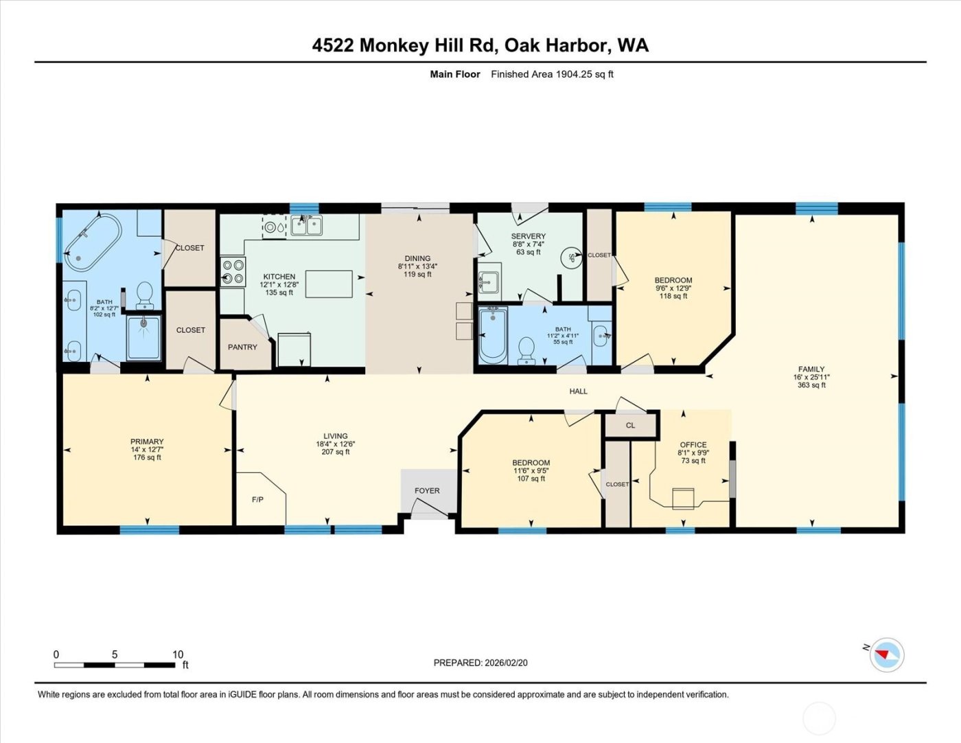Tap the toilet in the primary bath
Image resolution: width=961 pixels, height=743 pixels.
[x=144, y=295]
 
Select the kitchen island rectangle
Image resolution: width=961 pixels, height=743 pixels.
[x=329, y=284]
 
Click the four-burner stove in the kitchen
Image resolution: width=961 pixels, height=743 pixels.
[x=233, y=271]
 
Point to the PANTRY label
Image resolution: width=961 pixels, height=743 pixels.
[x=242, y=347]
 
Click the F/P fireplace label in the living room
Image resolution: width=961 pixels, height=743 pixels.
[x=257, y=500]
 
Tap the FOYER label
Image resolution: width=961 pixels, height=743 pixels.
[x=427, y=491]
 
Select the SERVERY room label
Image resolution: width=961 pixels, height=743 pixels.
[x=528, y=236]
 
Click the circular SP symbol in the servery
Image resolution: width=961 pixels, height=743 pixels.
[x=570, y=258]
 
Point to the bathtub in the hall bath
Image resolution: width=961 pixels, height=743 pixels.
[x=492, y=335]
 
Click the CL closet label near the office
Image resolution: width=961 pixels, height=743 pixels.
[x=630, y=426]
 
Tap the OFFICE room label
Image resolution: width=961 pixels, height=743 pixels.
[x=693, y=445]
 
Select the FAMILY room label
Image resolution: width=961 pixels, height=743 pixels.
[x=811, y=369]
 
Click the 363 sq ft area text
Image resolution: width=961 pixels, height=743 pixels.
[x=811, y=386]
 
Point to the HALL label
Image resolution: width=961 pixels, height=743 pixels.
[x=578, y=391]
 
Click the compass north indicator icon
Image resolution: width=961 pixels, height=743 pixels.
[x=886, y=654]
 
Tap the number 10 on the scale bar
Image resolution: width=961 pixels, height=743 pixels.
[x=178, y=654]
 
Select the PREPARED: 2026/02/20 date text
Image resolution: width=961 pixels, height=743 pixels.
[x=480, y=663]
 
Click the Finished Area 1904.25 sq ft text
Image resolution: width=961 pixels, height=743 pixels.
[x=552, y=74]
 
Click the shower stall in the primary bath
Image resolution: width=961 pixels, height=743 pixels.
[x=143, y=336]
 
